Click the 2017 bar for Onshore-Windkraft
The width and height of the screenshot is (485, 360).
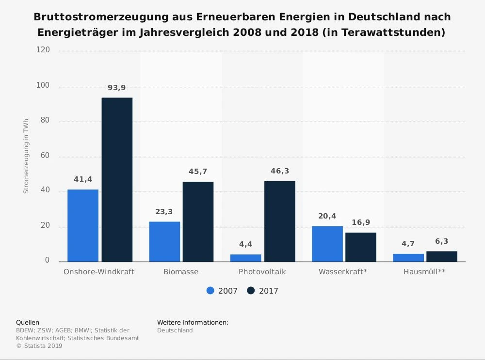tap(117, 180)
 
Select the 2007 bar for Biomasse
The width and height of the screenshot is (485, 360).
tap(164, 242)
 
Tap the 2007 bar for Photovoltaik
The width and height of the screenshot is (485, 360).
tap(246, 258)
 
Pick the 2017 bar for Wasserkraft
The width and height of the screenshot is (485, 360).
tap(361, 247)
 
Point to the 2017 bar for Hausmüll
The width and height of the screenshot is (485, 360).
tap(442, 256)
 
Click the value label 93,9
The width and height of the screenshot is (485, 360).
tap(116, 88)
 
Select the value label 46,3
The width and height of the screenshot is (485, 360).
tap(280, 172)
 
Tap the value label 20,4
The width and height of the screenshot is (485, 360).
tap(327, 217)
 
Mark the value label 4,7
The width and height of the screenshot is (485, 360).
tap(408, 244)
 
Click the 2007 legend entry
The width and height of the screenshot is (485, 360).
tap(222, 291)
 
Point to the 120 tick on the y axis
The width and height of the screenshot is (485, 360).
tap(43, 51)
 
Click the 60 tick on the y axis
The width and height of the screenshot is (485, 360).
tap(45, 156)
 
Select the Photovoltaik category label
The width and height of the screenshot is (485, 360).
tap(262, 272)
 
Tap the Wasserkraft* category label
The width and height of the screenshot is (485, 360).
tap(343, 272)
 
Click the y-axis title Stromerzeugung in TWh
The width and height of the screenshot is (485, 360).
tap(26, 156)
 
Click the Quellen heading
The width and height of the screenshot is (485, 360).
tap(28, 322)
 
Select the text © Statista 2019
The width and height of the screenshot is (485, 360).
tap(39, 346)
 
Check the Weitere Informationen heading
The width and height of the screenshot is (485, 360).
tap(193, 322)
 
